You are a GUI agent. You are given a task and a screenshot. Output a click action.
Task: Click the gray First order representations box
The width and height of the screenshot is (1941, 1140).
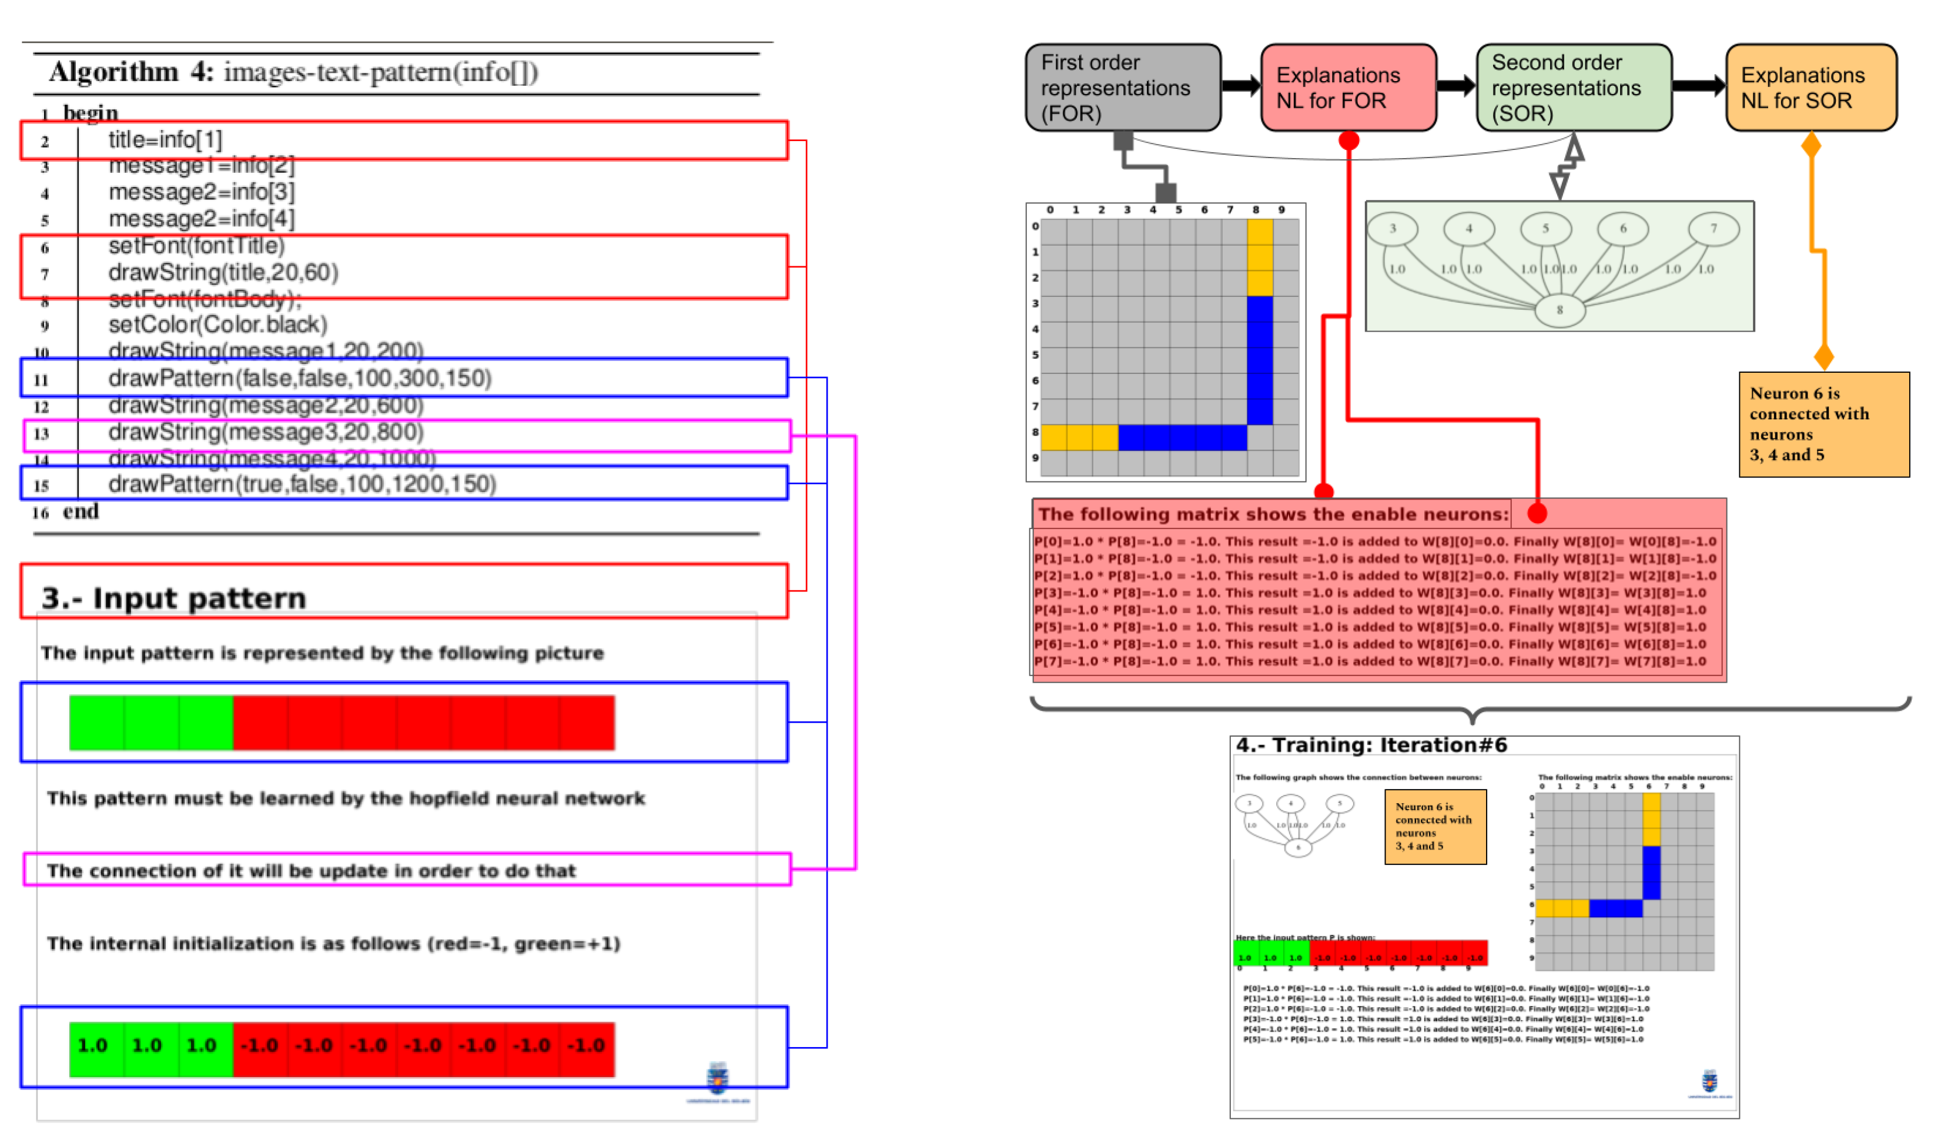tap(1122, 87)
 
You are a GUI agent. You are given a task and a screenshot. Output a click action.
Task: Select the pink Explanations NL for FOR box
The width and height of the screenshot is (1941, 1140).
tap(1348, 87)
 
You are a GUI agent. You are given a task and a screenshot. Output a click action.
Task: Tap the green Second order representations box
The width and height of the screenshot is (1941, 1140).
tap(1573, 87)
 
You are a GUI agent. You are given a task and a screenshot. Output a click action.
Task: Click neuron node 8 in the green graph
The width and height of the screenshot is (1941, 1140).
tap(1559, 310)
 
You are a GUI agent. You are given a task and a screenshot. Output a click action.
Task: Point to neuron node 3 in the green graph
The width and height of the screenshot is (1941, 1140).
tap(1392, 229)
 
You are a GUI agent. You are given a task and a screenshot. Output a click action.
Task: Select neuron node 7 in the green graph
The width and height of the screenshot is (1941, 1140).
tap(1713, 229)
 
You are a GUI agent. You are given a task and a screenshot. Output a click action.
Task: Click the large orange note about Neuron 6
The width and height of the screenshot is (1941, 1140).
tap(1823, 424)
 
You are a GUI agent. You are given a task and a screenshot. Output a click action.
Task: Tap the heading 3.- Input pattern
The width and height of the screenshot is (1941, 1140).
tap(174, 599)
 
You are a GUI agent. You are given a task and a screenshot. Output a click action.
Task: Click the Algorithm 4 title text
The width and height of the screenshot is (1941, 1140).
tap(293, 72)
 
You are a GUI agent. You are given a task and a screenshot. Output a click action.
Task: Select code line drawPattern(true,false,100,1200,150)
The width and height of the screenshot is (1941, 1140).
tap(302, 484)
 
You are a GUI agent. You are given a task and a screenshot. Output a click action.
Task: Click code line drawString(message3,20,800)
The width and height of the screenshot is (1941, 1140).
tap(266, 433)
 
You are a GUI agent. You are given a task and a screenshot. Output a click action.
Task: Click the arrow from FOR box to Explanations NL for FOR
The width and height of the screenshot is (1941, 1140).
tap(1241, 85)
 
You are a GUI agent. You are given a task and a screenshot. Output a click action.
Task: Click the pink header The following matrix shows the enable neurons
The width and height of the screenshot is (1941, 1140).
tap(1273, 514)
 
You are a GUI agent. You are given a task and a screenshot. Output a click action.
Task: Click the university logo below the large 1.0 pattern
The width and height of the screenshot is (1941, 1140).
tap(718, 1079)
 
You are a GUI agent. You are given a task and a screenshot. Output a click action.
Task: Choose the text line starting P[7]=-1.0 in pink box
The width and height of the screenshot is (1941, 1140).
tap(1370, 661)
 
